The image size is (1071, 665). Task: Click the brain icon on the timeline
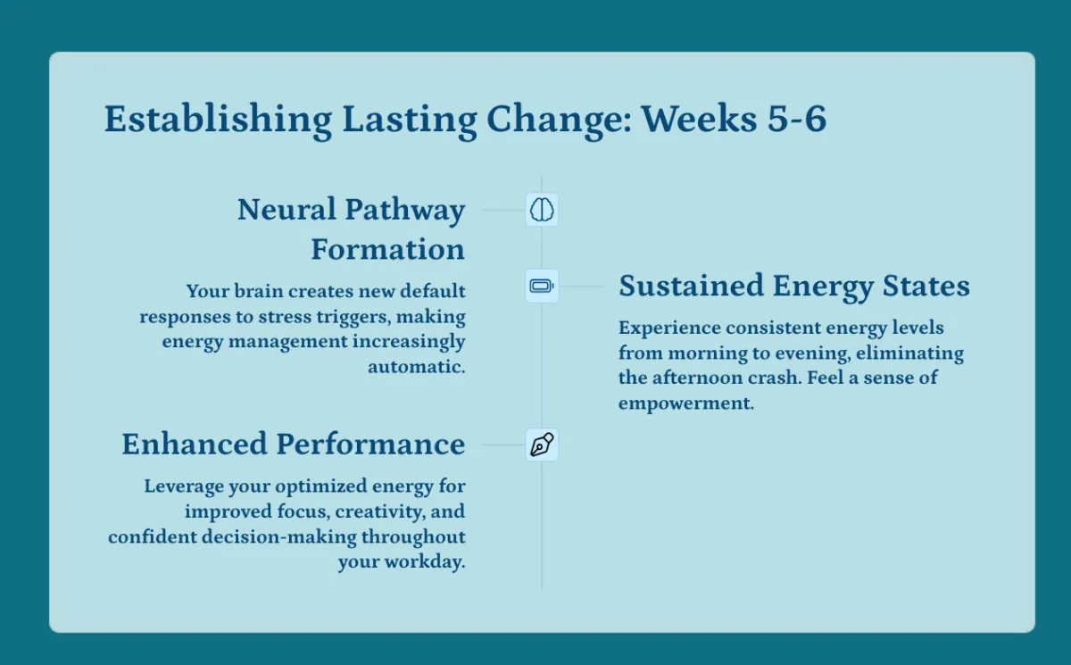click(542, 210)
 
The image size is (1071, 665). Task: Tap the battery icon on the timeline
click(542, 287)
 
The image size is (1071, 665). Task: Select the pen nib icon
click(542, 445)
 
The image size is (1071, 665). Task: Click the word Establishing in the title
click(218, 120)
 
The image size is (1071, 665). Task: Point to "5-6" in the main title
click(796, 119)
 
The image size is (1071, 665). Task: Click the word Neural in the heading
click(286, 210)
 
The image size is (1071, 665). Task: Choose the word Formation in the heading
click(387, 249)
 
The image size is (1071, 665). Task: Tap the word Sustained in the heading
click(691, 286)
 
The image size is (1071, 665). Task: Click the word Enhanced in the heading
click(195, 444)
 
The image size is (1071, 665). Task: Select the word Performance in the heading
click(370, 444)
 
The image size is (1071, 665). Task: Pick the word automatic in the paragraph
click(415, 367)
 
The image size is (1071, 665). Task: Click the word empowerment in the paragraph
click(685, 403)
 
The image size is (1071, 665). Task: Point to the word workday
click(424, 561)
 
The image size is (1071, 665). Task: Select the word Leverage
click(183, 486)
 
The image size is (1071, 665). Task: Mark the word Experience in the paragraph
click(669, 328)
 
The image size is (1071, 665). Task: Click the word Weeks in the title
click(699, 119)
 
